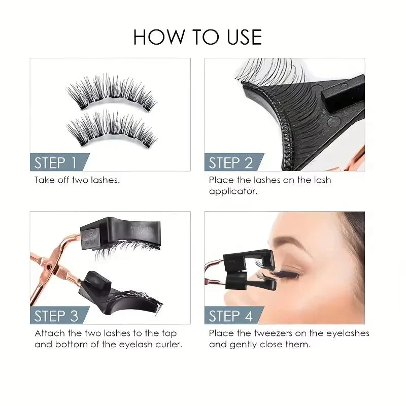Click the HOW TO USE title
click(197, 37)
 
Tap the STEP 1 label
click(55, 163)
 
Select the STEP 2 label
click(230, 163)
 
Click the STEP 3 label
click(56, 316)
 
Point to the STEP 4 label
click(230, 316)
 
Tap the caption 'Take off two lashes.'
click(77, 180)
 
